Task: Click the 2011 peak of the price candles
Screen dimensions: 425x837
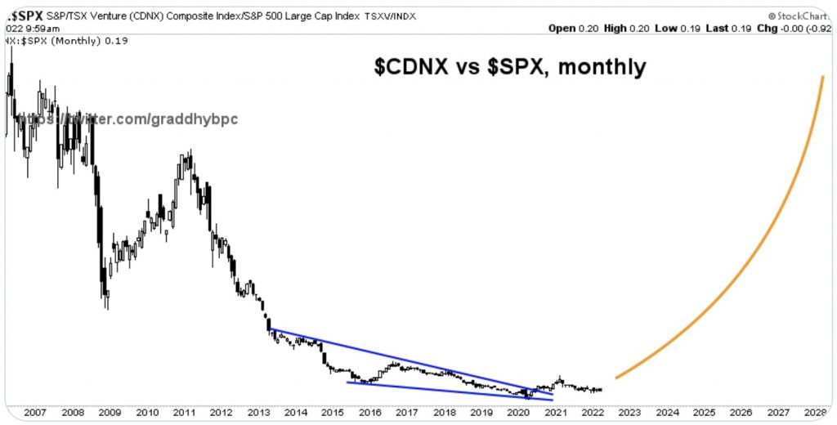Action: (190, 152)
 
